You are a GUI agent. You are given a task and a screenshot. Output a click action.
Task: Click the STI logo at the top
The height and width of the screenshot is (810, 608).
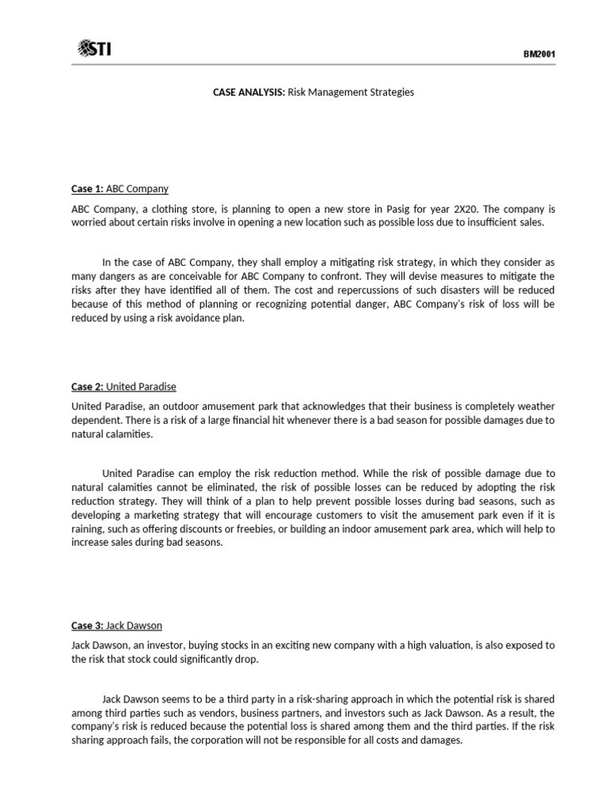coord(94,49)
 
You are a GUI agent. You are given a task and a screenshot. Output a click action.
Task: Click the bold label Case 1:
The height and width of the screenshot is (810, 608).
coord(87,189)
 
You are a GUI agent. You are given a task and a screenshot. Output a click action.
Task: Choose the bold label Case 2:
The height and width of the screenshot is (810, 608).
coord(87,387)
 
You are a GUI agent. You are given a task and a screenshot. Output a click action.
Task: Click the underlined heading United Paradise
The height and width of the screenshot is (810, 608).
coord(141,387)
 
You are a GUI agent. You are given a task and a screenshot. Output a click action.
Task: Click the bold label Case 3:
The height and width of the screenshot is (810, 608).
coord(87,626)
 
